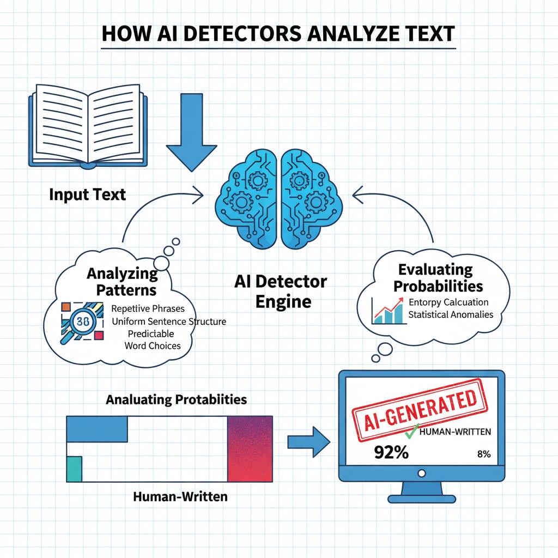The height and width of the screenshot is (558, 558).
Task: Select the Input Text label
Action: pos(87,195)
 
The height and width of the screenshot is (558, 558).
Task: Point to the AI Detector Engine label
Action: pos(281,291)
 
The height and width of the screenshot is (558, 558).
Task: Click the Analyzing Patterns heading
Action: pos(122,282)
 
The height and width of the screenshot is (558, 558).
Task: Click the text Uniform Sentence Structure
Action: pos(168,322)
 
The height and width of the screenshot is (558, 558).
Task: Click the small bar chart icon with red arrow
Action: pos(387,311)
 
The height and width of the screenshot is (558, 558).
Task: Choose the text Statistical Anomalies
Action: pos(451,314)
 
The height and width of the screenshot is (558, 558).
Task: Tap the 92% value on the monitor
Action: pos(391,452)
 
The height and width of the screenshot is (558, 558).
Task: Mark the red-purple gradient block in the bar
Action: pos(250,448)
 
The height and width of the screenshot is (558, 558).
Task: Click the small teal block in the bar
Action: pos(74,469)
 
